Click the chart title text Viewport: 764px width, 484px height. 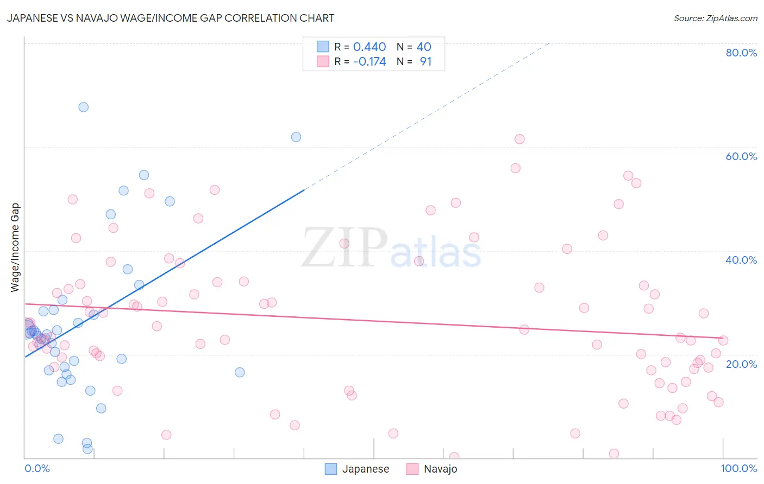tap(170, 18)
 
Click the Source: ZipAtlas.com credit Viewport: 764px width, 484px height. tap(715, 18)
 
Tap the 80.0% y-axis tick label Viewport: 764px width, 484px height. tap(741, 53)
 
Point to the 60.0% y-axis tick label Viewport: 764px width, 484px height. tap(741, 156)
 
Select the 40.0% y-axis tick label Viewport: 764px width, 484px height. tap(741, 260)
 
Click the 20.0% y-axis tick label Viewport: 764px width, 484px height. tap(741, 364)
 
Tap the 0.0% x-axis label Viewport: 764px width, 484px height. tap(37, 468)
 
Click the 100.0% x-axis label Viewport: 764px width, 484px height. tap(738, 468)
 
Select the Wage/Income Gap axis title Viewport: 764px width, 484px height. tap(15, 247)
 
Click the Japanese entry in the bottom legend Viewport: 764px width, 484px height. tap(365, 469)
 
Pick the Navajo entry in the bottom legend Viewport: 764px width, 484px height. tap(440, 469)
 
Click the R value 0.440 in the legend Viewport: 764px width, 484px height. tap(370, 47)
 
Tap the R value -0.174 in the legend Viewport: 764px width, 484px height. tap(370, 61)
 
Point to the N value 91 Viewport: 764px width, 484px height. tap(425, 61)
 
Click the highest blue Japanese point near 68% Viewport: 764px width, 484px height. tap(83, 107)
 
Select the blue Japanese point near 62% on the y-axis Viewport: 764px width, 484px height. tap(296, 137)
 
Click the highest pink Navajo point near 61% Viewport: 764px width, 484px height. tap(519, 139)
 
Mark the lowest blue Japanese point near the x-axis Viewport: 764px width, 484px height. tap(87, 449)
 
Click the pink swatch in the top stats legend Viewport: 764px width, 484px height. tap(323, 61)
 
